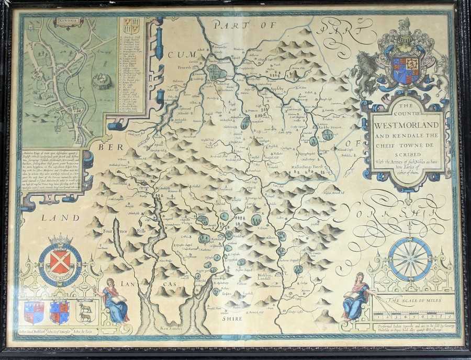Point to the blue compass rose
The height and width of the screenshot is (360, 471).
click(410, 258)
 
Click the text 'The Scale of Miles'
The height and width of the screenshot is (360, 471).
click(413, 300)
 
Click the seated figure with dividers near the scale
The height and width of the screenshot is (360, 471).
click(354, 296)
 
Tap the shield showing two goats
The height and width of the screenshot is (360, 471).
click(85, 311)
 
